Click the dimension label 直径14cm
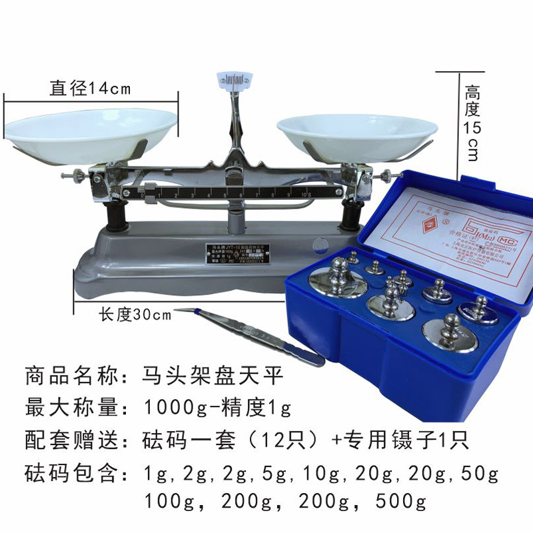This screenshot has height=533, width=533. click(x=90, y=88)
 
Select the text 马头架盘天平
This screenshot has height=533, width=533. click(x=213, y=375)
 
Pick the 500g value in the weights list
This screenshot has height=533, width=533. click(x=400, y=500)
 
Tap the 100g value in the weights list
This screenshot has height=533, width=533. click(x=171, y=500)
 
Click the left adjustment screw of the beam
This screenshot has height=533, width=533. click(x=71, y=176)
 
